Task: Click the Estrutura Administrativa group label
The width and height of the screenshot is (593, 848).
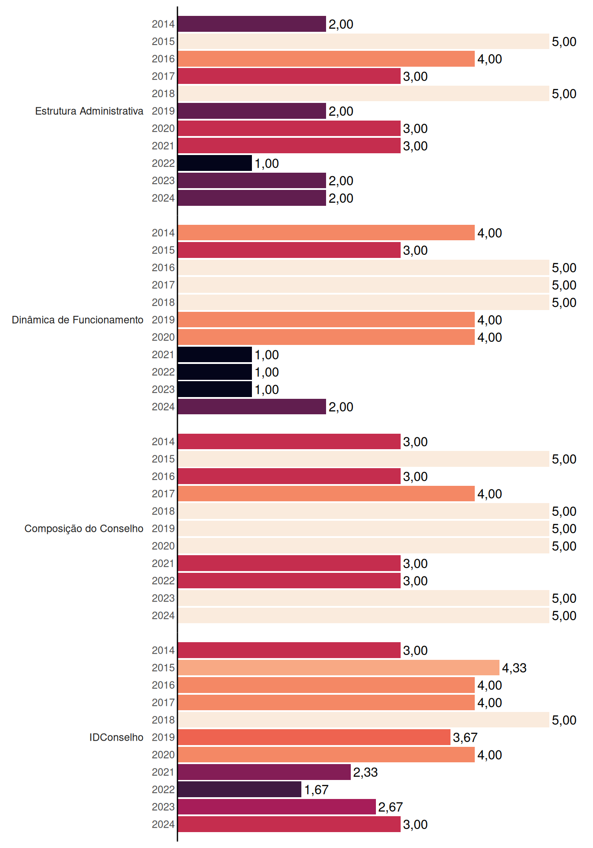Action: [89, 111]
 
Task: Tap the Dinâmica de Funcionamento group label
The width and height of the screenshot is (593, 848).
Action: [78, 320]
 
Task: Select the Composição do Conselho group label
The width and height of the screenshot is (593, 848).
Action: [84, 529]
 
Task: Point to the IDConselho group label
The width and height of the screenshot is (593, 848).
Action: [116, 737]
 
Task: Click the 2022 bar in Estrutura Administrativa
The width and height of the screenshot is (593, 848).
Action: [215, 163]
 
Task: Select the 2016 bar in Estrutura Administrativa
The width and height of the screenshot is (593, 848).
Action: [326, 59]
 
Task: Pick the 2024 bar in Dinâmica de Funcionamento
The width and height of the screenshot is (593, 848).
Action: [252, 407]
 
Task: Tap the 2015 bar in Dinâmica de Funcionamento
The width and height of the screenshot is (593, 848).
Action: [289, 250]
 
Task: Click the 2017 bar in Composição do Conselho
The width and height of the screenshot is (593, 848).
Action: [326, 494]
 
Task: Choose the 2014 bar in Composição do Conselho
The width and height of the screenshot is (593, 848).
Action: [289, 442]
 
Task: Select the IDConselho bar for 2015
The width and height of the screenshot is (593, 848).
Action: [338, 668]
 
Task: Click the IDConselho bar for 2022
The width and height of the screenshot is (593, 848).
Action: [240, 789]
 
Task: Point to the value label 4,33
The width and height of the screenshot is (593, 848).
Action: [514, 668]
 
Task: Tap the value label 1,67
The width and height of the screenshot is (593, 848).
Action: [316, 790]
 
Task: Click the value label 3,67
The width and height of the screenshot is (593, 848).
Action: [465, 738]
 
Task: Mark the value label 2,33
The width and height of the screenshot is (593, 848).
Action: [365, 772]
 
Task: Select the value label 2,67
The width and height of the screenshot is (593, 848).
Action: [390, 807]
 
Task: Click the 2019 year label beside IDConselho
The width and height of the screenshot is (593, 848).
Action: [163, 738]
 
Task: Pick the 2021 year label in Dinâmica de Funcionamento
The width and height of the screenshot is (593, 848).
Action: [163, 355]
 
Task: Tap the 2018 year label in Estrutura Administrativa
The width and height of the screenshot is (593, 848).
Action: [163, 94]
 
